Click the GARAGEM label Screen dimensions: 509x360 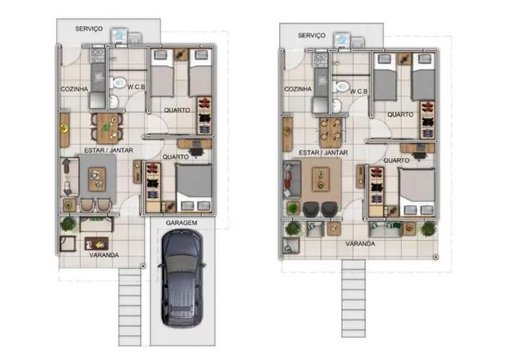pos(181,223)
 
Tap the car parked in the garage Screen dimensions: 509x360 pos(182,278)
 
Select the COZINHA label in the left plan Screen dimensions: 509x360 pos(74,89)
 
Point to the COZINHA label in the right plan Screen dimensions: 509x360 pos(297,89)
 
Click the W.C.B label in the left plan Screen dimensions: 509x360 pos(136,87)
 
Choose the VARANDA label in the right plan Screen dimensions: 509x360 pos(360,244)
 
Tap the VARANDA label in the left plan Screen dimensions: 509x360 pos(104,255)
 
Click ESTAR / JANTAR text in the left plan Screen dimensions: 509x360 pos(108,150)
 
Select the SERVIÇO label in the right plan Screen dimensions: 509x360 pos(312,35)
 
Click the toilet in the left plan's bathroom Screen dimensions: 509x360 pos(118,83)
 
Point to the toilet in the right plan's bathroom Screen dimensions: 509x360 pos(341,87)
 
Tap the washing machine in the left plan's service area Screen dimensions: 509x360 pos(119,36)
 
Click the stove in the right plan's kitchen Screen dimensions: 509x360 pos(321,60)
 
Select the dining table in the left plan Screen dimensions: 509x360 pos(107,128)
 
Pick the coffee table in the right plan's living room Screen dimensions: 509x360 pos(321,180)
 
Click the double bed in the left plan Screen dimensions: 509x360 pos(194,188)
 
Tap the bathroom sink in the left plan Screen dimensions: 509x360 pos(114,102)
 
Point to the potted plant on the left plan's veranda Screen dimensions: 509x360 pos(68,224)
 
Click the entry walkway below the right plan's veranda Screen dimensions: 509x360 pos(353,298)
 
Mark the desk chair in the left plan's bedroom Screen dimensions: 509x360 pos(196,152)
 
